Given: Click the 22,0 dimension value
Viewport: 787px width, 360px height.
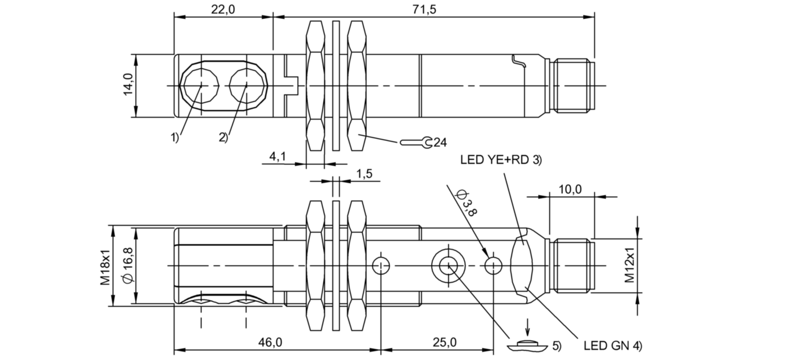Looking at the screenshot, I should tap(223, 9).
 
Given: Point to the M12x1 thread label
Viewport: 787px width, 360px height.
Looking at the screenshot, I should tap(629, 265).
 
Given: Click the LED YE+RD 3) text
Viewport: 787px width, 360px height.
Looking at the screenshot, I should tap(500, 160).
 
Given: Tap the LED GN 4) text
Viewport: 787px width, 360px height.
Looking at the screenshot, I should tap(613, 345).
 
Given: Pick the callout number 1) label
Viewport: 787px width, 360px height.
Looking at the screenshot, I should tap(173, 137).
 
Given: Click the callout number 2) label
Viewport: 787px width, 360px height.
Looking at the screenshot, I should tap(223, 137).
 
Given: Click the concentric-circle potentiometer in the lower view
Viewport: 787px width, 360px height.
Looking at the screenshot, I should tap(448, 265).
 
